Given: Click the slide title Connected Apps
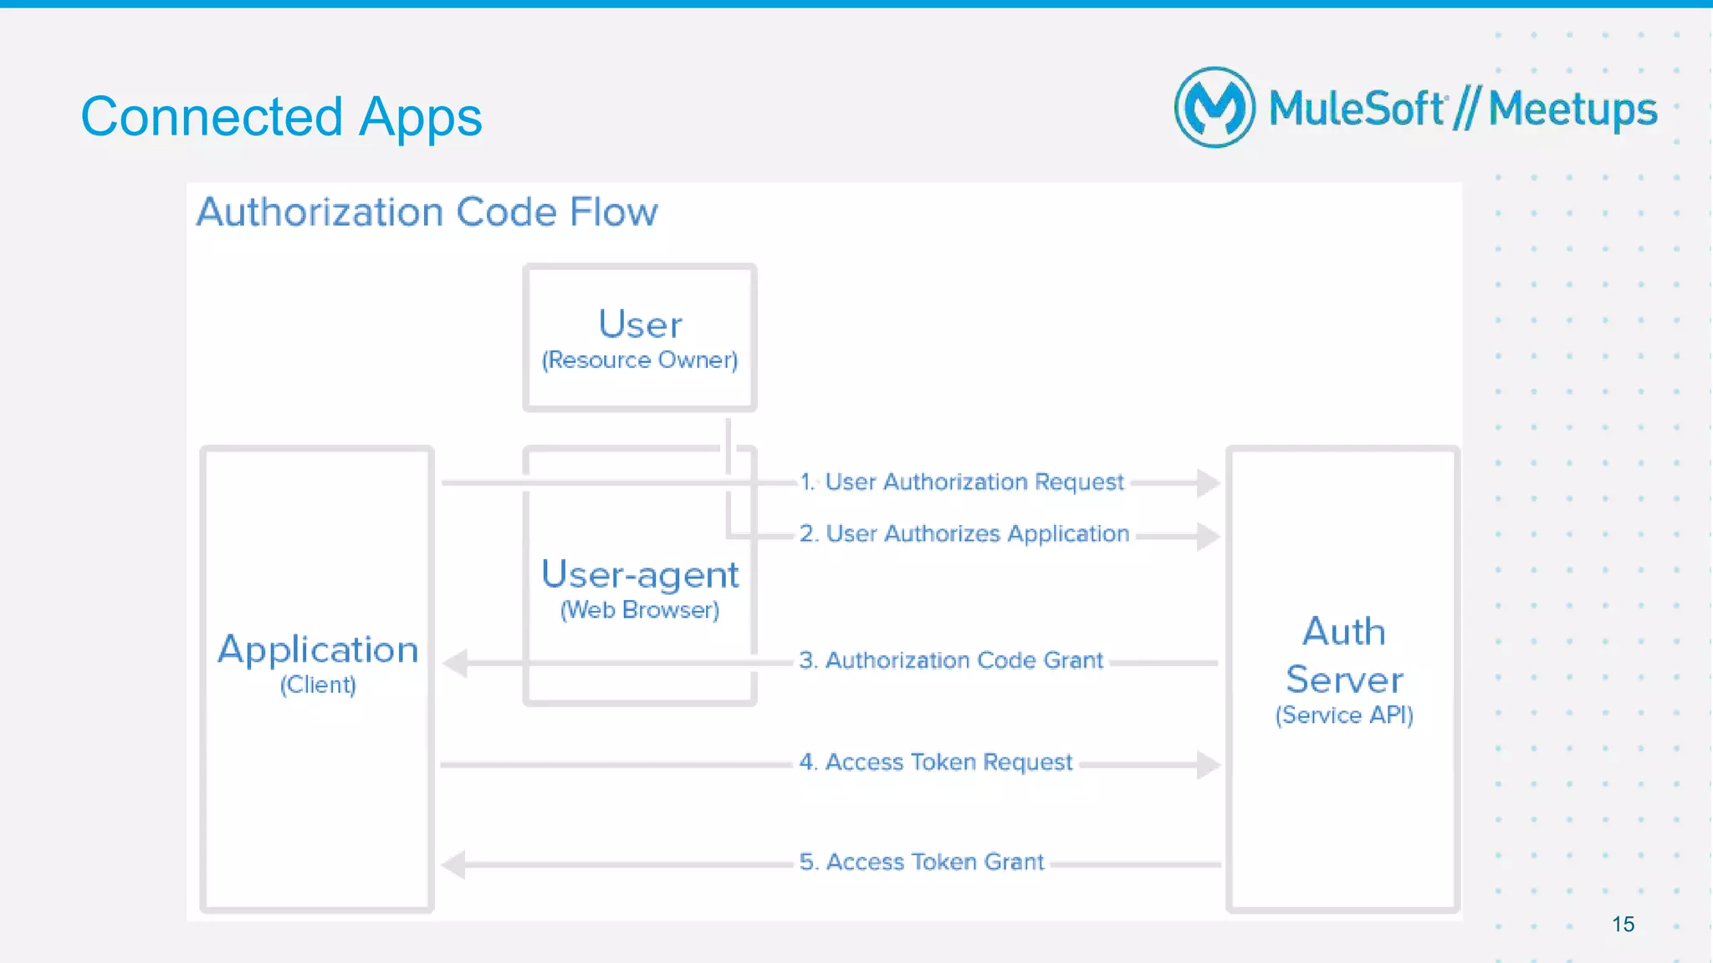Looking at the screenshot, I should pos(281,117).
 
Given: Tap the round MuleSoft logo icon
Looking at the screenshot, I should pos(1214,108).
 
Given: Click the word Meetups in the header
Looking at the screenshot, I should pos(1572,110).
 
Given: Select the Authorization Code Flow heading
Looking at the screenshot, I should pos(427,212).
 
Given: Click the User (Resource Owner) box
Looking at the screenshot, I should pos(640,338).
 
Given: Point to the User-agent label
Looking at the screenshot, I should pos(640,575).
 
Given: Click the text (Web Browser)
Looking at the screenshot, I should pos(640,610).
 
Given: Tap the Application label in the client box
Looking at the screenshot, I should pos(318,650).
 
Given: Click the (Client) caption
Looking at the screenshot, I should pos(318,685).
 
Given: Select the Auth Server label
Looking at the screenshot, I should pos(1344,655).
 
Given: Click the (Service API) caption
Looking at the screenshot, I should pos(1344,716).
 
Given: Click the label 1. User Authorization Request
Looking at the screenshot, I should pos(962,482).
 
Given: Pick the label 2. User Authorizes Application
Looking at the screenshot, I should pos(964,534).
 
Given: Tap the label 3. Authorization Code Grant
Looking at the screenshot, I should pos(951,660).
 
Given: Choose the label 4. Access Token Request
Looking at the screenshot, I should pos(935,762).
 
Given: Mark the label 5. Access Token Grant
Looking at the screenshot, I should pos(921,862).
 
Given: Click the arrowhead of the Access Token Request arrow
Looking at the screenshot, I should pos(1208,764).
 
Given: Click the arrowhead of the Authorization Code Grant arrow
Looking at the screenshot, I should pos(455,664).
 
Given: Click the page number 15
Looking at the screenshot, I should pos(1623,925).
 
